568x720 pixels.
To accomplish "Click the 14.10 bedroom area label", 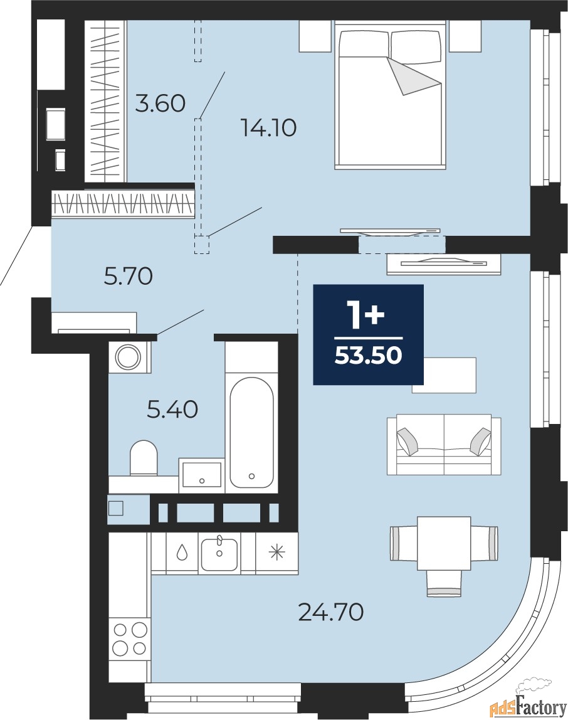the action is (x=269, y=128).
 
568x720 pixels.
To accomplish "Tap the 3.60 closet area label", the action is (x=160, y=103).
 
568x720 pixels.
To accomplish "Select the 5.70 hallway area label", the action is (x=129, y=277).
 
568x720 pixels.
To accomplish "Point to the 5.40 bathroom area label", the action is (x=172, y=409).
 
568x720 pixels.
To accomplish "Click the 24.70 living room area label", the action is (x=331, y=611).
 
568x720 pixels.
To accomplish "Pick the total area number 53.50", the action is (x=368, y=355).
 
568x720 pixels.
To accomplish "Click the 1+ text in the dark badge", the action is (x=367, y=315).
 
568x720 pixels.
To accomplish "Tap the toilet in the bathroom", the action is (x=144, y=458).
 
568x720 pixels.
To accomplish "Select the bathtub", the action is (x=251, y=432).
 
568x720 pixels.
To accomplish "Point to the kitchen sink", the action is (x=219, y=554).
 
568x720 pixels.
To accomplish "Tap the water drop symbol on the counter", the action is (x=182, y=553).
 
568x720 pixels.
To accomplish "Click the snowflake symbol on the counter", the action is (x=276, y=553).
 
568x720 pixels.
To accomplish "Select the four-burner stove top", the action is (x=130, y=638).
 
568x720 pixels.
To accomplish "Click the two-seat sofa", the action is (x=444, y=444).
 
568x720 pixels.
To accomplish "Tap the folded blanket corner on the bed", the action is (x=413, y=77).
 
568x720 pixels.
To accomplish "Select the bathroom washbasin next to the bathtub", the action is (x=202, y=474).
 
